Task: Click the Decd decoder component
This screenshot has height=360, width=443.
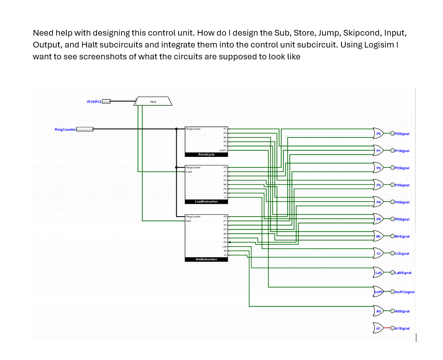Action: (154, 101)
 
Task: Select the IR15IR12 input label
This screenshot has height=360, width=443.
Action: (94, 101)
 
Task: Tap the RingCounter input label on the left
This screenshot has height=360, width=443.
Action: (65, 129)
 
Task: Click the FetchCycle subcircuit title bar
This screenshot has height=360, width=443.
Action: (206, 154)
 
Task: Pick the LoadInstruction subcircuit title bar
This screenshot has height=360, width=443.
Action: (206, 202)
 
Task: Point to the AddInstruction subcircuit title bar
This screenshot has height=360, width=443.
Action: (206, 259)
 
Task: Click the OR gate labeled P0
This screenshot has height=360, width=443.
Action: (378, 134)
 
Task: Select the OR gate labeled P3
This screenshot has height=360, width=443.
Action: (378, 185)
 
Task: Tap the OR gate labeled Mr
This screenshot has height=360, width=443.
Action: (378, 236)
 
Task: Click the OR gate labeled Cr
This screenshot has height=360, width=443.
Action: (378, 254)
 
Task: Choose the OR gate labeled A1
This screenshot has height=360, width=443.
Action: (378, 328)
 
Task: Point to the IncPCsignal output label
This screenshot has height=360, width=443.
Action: (405, 292)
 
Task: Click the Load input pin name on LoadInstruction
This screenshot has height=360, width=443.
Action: (189, 172)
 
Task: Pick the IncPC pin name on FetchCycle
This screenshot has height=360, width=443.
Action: (223, 150)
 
